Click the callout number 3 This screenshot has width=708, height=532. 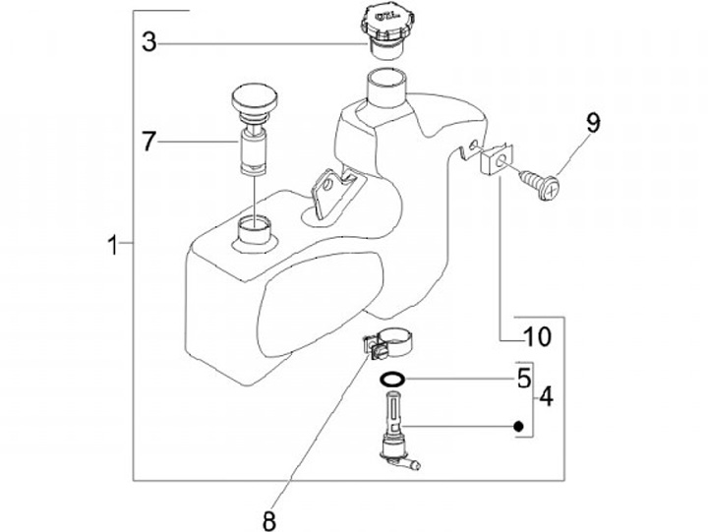[148, 42]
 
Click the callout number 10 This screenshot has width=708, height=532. [536, 337]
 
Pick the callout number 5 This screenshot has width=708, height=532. [524, 378]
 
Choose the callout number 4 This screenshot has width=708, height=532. [545, 398]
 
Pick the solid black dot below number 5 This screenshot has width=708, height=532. [514, 427]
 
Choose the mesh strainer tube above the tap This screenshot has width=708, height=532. [390, 410]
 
